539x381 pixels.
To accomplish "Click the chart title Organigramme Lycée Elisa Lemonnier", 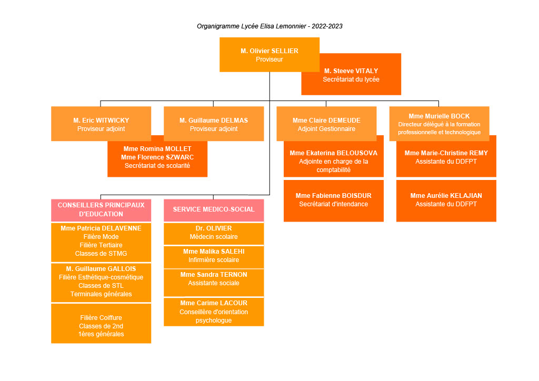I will (x=269, y=26).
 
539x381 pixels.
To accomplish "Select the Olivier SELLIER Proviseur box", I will (x=269, y=55).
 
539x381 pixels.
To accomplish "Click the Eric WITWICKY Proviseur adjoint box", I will (x=101, y=124).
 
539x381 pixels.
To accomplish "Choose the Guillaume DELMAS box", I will (x=213, y=124).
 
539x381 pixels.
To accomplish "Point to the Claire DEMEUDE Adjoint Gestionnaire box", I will (x=326, y=124).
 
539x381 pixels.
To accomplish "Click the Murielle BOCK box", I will (x=439, y=124).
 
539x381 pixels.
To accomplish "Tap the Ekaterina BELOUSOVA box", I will (x=333, y=161).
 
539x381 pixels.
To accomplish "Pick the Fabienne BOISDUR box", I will (x=333, y=200).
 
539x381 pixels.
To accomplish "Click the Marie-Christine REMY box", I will (x=446, y=157).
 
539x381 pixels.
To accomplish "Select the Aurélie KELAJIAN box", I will (x=446, y=200).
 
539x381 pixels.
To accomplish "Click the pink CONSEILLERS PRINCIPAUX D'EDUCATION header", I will (x=101, y=209).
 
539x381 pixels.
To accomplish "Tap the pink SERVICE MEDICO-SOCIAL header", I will (x=213, y=209).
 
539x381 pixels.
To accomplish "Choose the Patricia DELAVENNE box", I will (x=101, y=242).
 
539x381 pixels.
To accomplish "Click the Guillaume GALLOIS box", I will (x=101, y=282).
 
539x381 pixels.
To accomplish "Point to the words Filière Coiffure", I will (x=101, y=318).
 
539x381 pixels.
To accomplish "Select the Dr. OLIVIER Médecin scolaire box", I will (x=213, y=233).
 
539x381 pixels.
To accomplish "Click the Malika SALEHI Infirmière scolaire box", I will (x=213, y=256).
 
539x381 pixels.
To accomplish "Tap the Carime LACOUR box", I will (x=213, y=312).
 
